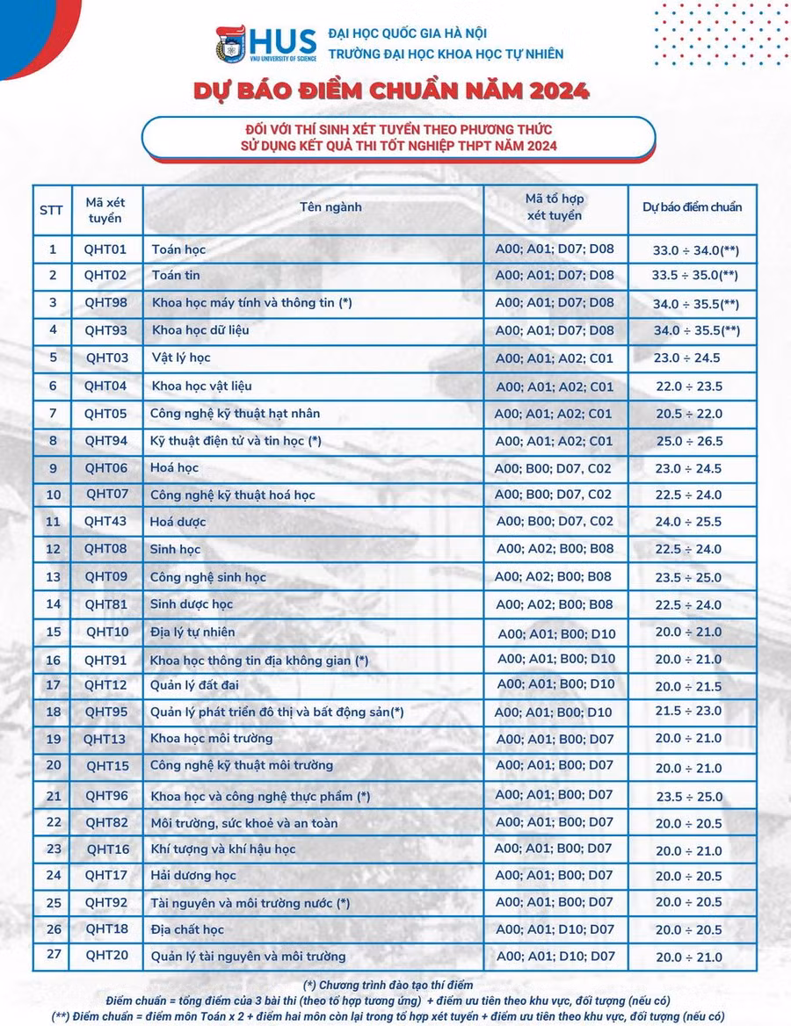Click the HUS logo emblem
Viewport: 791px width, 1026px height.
point(232,45)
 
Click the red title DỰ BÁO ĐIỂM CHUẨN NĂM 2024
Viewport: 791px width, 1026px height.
point(392,91)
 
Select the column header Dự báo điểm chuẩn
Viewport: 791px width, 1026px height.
point(692,208)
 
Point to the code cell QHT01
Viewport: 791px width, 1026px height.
point(105,249)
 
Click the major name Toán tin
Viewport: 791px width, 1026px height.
point(176,276)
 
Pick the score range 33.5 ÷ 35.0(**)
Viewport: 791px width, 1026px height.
point(695,276)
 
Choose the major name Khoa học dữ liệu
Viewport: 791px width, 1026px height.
point(200,331)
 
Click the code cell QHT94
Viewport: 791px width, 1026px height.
point(105,440)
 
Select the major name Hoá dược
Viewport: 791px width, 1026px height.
point(178,522)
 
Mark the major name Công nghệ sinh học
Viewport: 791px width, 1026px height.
point(208,577)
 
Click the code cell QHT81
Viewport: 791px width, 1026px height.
point(105,604)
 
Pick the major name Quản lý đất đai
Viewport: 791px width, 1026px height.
point(194,685)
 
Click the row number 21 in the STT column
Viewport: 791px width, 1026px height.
point(53,796)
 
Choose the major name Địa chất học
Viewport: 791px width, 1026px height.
point(187,929)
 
